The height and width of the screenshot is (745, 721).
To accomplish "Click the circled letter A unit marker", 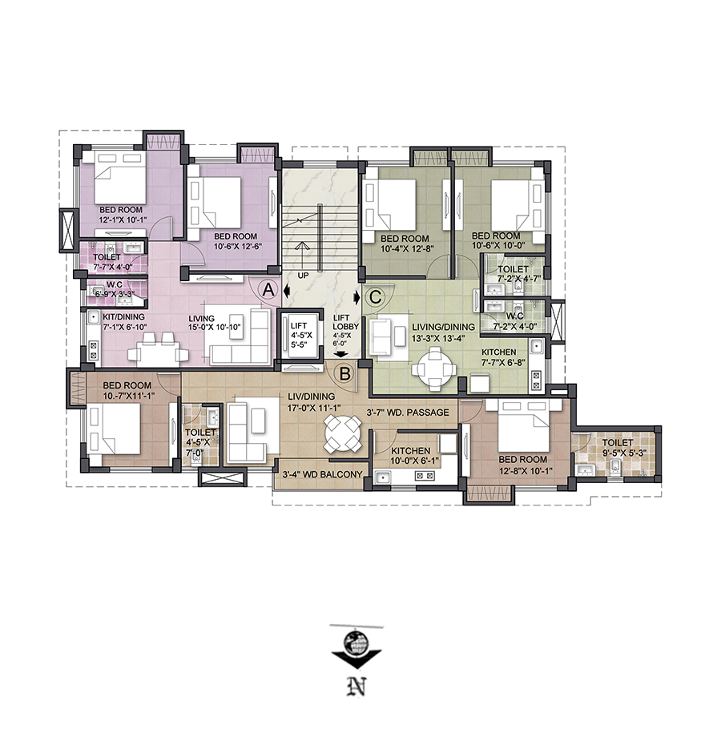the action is pyautogui.click(x=268, y=289).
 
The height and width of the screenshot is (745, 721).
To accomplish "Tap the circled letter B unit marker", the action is pyautogui.click(x=345, y=373).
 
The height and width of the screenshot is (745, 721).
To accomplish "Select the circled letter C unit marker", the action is pyautogui.click(x=376, y=297).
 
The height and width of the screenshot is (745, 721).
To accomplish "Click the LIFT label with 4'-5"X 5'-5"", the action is pyautogui.click(x=301, y=336).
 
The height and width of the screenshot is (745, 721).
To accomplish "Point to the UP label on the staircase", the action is pyautogui.click(x=303, y=276).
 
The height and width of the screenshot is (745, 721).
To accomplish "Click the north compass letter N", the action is pyautogui.click(x=356, y=686).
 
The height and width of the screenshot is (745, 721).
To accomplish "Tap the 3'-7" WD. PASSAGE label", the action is pyautogui.click(x=408, y=413).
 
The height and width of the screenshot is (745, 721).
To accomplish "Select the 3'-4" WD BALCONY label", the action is pyautogui.click(x=322, y=474).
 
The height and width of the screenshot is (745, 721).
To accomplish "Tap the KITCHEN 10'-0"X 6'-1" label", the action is pyautogui.click(x=411, y=456).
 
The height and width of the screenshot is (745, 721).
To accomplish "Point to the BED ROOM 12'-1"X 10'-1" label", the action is pyautogui.click(x=121, y=215).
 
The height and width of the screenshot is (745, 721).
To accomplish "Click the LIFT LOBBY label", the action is pyautogui.click(x=346, y=322).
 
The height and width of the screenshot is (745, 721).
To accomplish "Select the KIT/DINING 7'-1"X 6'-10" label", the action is pyautogui.click(x=124, y=322).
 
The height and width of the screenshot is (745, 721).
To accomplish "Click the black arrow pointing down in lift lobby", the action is pyautogui.click(x=340, y=354).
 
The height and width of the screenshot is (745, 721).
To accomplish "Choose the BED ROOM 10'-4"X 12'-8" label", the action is pyautogui.click(x=405, y=244).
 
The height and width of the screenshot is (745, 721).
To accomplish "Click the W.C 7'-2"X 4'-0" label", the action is pyautogui.click(x=515, y=321).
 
